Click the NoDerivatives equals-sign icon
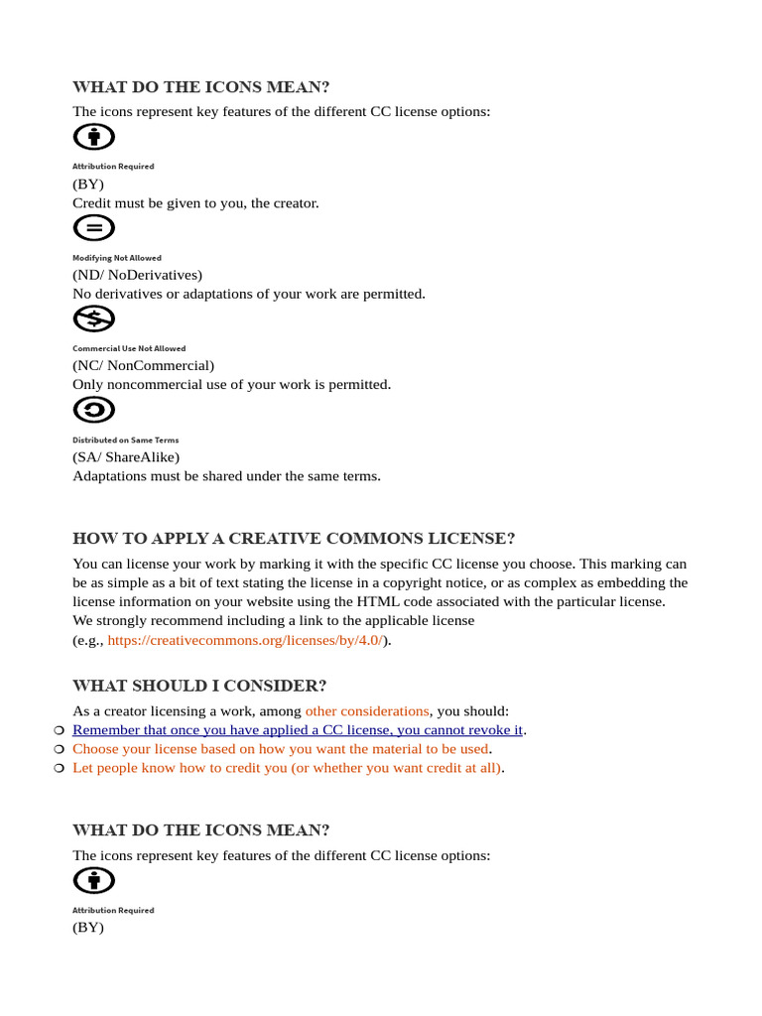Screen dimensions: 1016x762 [x=94, y=228]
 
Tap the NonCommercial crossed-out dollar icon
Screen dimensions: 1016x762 [x=94, y=318]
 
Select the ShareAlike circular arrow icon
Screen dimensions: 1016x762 [x=94, y=410]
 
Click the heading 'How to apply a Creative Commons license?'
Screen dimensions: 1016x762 [x=294, y=539]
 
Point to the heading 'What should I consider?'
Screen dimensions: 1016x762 [x=199, y=686]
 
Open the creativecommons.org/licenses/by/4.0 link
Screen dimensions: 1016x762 [x=245, y=640]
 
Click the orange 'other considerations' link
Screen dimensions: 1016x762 [x=367, y=710]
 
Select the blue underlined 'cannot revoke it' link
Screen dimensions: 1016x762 [x=298, y=729]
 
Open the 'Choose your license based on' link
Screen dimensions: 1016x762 [x=281, y=748]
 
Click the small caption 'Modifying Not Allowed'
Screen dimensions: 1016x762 [x=116, y=258]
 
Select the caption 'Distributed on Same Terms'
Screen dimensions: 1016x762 [x=125, y=440]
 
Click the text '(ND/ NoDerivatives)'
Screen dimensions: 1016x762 [x=137, y=274]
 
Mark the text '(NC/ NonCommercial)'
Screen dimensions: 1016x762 [x=143, y=365]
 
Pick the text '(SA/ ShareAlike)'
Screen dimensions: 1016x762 [x=126, y=456]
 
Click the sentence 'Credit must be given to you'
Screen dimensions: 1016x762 [x=195, y=202]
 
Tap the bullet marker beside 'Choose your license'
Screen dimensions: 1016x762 [x=59, y=749]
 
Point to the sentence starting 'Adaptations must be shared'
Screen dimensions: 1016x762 [x=226, y=475]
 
